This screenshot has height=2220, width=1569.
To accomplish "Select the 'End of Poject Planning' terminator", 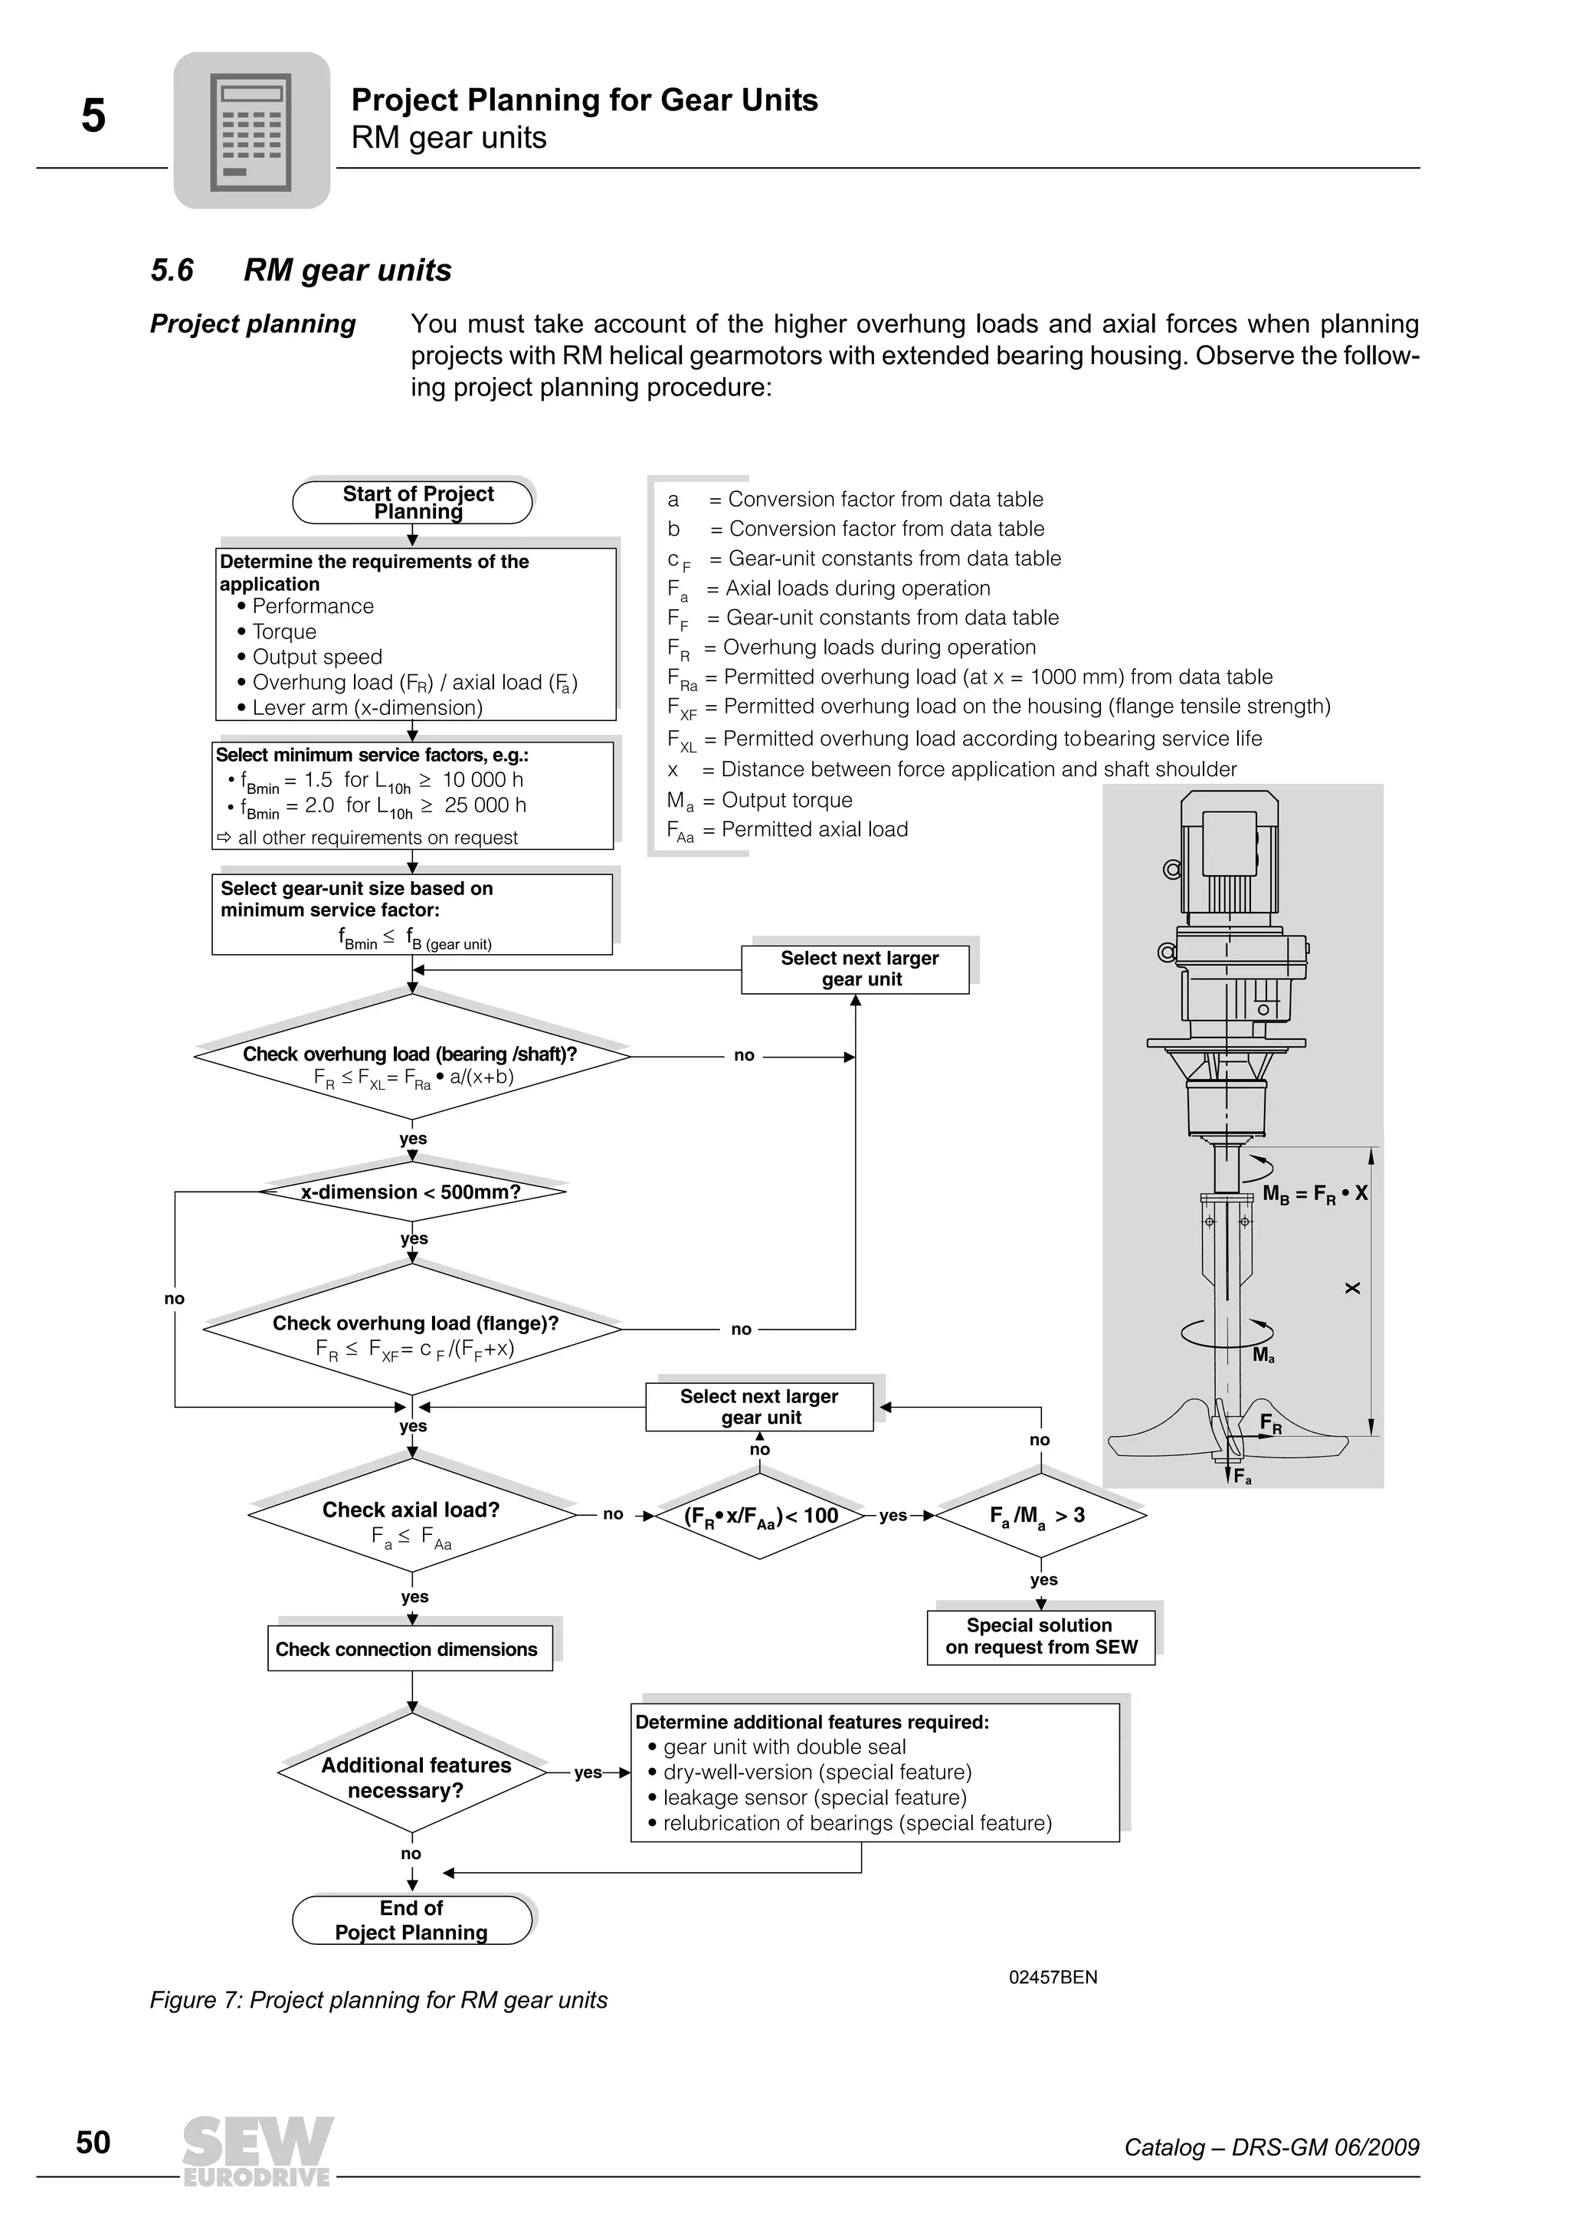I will (x=412, y=1920).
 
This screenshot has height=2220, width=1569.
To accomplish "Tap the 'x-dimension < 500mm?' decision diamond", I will (x=412, y=1192).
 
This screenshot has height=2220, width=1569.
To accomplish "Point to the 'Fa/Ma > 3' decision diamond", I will (x=1040, y=1515).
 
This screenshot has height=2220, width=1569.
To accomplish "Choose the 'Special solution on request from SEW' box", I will (x=1041, y=1636).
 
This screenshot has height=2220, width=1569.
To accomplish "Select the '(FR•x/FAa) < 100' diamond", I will (x=760, y=1515).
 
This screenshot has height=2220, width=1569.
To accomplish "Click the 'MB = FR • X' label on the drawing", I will (x=1315, y=1193).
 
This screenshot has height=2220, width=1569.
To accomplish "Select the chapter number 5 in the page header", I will (x=93, y=116).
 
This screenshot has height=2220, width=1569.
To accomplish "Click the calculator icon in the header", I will (x=251, y=130).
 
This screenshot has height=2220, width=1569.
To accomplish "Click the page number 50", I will (x=93, y=2142).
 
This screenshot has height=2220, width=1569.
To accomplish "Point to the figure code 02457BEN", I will (x=1053, y=1977).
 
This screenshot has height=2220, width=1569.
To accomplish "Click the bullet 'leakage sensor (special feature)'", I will (x=813, y=1798).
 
